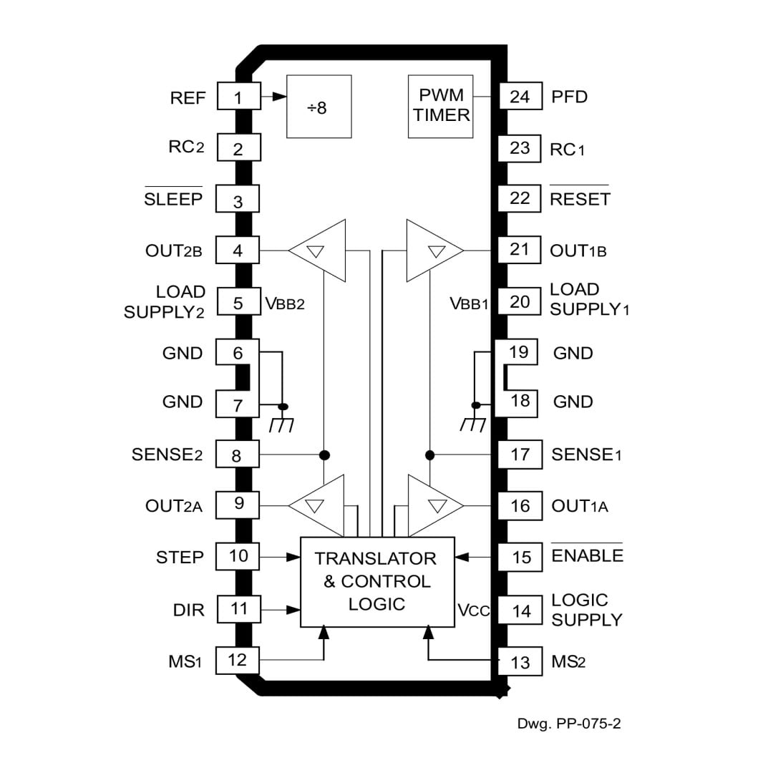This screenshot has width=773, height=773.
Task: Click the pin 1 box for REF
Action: point(238,97)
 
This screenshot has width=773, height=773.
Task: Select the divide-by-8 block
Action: point(319,106)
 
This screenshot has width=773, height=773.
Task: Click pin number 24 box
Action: point(520,97)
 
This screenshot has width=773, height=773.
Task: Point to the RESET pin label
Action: point(580,199)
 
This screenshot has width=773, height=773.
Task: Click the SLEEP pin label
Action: point(173,200)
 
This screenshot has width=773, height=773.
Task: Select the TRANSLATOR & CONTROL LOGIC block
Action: point(376,581)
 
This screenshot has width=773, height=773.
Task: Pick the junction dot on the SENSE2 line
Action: point(324,454)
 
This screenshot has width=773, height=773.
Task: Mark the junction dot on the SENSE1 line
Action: point(430,454)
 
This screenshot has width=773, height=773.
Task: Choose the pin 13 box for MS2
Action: point(520,662)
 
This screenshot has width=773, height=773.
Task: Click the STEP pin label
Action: point(180,557)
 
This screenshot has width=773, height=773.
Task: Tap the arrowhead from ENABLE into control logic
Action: point(462,556)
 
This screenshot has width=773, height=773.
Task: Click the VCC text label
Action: point(473,611)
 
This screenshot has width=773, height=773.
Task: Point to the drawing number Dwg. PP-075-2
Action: point(569,724)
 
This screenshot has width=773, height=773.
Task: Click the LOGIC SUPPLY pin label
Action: point(586,610)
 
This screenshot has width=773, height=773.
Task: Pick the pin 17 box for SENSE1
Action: point(520,454)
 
